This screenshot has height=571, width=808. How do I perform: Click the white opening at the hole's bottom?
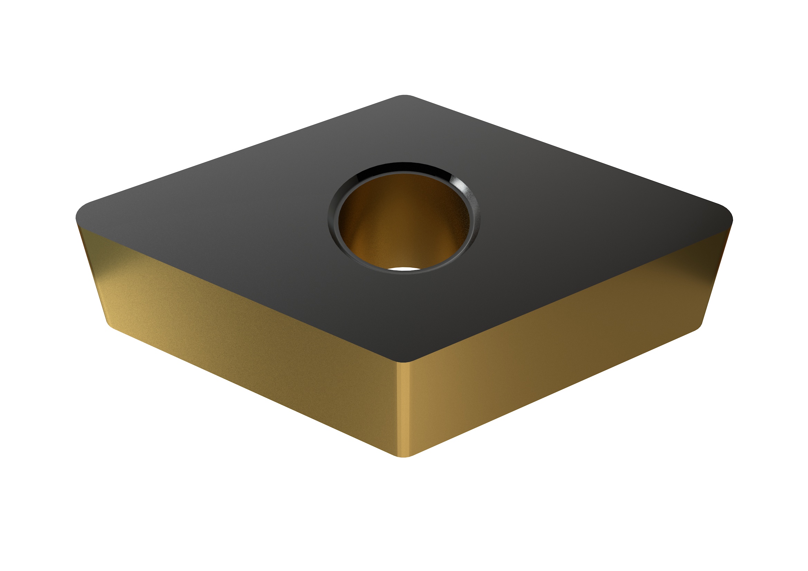(404, 269)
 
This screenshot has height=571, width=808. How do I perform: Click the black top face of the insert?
(246, 218)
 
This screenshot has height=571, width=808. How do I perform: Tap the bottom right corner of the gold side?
(698, 326)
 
